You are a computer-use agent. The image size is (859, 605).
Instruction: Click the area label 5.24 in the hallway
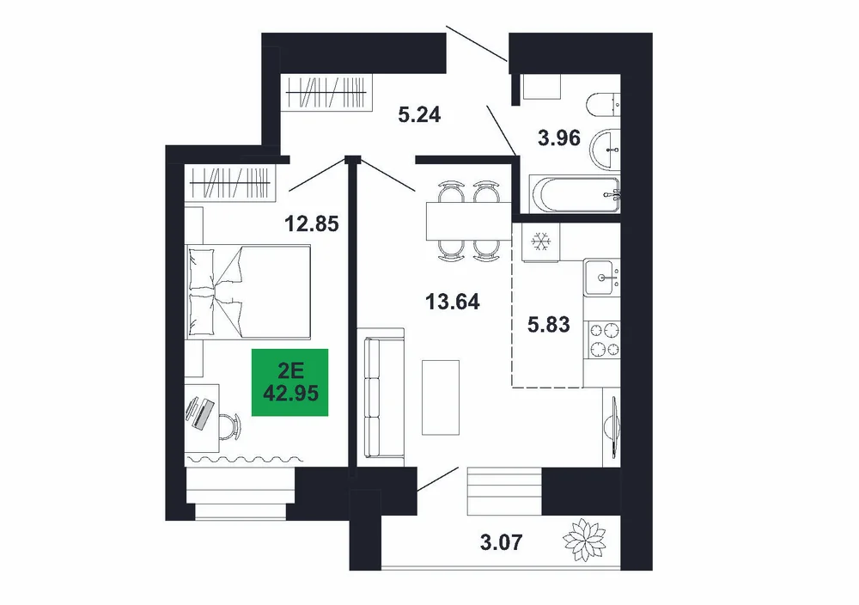[x=420, y=114]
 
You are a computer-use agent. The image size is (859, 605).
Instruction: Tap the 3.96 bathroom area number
[x=559, y=138]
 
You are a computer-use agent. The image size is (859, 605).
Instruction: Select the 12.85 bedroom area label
[x=313, y=223]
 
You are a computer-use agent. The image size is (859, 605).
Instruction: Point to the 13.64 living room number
[x=453, y=302]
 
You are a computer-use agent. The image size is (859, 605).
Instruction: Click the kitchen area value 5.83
[x=548, y=325]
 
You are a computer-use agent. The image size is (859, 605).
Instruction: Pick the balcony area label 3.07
[x=502, y=542]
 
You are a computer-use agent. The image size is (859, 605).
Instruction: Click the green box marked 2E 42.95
[x=289, y=382]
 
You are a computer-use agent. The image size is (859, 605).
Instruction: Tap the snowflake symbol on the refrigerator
[x=540, y=241]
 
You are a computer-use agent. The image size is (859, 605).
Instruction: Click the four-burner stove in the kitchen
[x=604, y=339]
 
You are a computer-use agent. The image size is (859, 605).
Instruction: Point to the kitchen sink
[x=601, y=278]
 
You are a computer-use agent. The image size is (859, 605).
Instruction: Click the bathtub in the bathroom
[x=575, y=194]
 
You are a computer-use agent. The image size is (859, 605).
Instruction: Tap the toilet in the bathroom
[x=603, y=106]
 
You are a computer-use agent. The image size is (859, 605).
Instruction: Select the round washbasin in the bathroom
[x=605, y=149]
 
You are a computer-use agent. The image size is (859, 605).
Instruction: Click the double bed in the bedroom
[x=248, y=291]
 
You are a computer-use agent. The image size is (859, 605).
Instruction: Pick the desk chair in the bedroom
[x=230, y=425]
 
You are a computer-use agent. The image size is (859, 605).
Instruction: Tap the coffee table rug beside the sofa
[x=441, y=397]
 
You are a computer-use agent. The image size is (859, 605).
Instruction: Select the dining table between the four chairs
[x=468, y=222]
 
